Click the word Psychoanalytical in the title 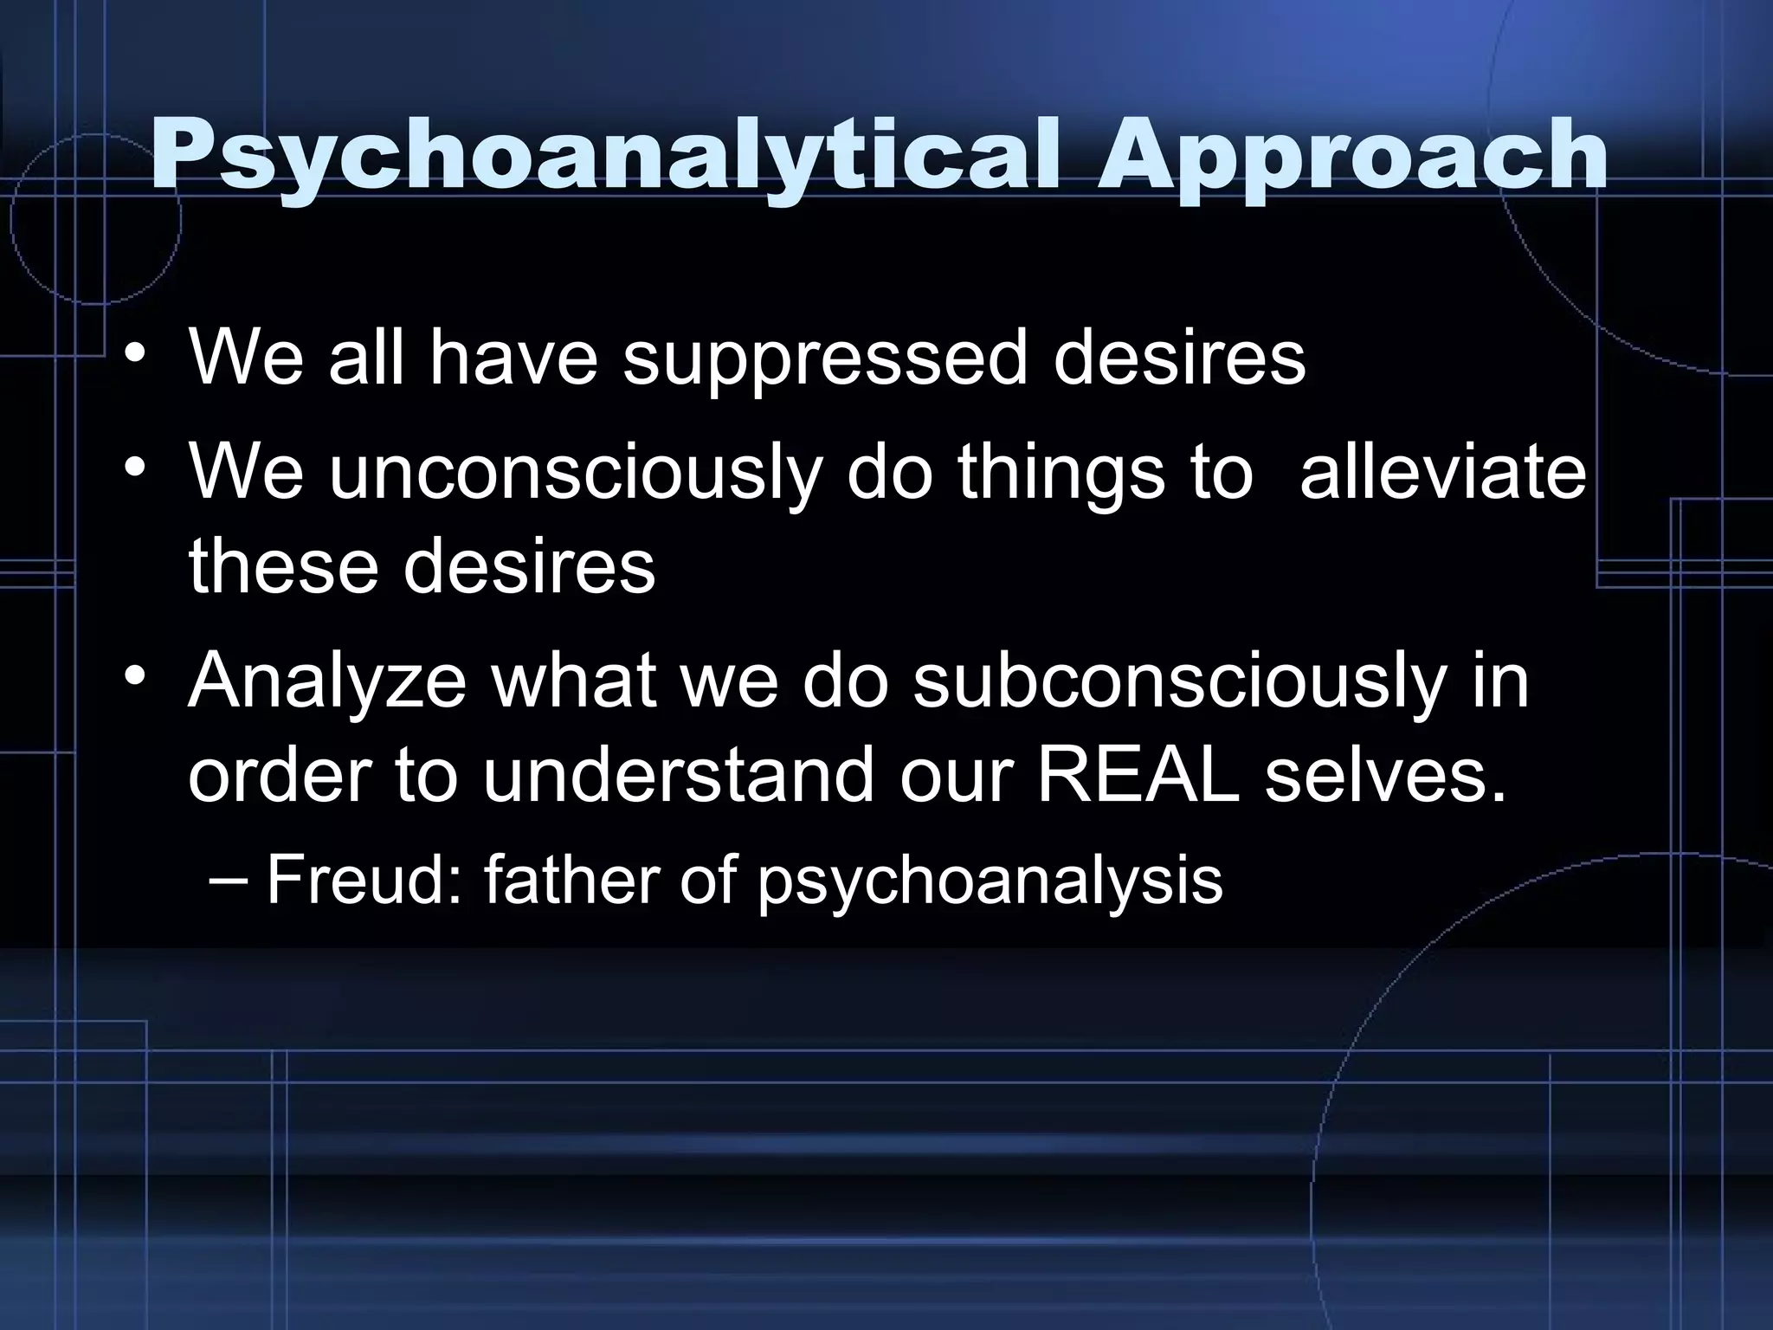point(603,156)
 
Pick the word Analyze point(327,681)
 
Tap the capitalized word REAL point(1138,775)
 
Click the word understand point(678,775)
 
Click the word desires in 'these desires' point(529,567)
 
